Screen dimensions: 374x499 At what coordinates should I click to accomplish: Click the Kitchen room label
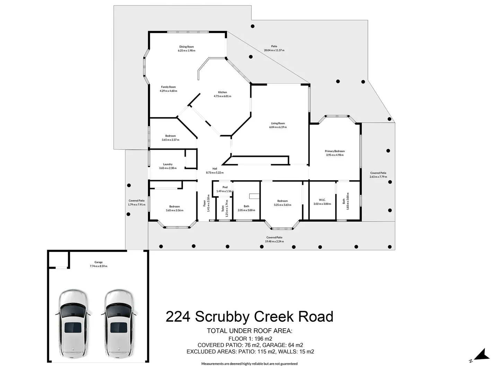click(222, 92)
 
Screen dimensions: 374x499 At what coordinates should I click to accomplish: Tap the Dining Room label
click(186, 47)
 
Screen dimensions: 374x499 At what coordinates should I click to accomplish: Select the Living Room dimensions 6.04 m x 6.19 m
click(278, 127)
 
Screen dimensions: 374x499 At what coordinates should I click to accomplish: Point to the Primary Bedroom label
click(335, 151)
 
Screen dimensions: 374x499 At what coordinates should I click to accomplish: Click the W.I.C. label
click(322, 200)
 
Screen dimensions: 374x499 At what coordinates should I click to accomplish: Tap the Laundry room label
click(168, 164)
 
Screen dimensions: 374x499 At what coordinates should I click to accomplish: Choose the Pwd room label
click(225, 187)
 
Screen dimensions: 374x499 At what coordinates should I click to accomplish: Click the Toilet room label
click(222, 208)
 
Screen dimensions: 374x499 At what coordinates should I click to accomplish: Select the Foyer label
click(204, 203)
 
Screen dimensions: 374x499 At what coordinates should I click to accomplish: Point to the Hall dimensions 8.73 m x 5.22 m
click(215, 172)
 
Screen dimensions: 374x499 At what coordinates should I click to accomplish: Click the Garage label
click(98, 262)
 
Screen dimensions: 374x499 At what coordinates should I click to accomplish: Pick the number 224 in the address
click(178, 317)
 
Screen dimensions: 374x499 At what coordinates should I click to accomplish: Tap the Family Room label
click(168, 87)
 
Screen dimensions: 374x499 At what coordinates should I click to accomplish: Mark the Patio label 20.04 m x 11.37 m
click(274, 50)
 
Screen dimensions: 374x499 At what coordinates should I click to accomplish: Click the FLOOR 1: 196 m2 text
click(250, 338)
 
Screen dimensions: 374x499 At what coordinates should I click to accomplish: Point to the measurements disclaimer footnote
click(249, 364)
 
